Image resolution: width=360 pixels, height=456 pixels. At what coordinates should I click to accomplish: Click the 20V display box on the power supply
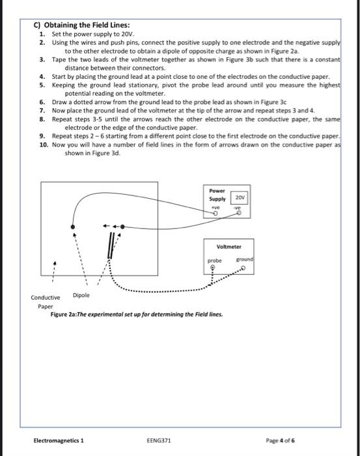click(239, 197)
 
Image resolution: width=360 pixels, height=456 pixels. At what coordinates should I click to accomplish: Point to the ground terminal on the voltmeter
click(242, 267)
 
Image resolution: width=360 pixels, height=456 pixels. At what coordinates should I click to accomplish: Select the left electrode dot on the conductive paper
click(72, 228)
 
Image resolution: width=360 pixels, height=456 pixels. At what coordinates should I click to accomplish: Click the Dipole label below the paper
click(81, 295)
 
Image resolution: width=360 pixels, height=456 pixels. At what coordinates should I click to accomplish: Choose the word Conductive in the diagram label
click(46, 298)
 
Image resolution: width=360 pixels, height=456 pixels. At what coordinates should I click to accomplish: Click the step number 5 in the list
click(42, 85)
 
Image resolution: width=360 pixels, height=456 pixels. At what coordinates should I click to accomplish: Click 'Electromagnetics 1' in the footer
click(59, 440)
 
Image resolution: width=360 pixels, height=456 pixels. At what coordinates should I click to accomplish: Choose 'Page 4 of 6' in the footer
click(281, 440)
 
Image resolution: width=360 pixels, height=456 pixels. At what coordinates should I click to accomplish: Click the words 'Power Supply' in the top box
click(217, 195)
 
